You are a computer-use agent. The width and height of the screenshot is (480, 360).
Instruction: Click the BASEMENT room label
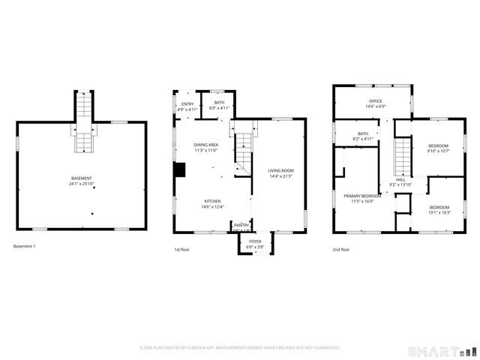tap(82, 178)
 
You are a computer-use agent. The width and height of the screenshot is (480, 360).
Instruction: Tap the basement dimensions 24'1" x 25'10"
tap(82, 184)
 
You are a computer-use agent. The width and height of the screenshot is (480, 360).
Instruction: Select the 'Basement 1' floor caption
tap(24, 247)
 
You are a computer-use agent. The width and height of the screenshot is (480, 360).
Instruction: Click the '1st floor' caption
tap(182, 249)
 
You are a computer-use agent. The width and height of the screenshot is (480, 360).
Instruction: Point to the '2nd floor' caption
tap(341, 249)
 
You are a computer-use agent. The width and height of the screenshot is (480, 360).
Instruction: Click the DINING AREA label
tap(206, 145)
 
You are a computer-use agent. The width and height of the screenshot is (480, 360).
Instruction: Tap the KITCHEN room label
tap(213, 201)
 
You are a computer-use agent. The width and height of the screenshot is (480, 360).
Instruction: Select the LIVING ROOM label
tap(280, 171)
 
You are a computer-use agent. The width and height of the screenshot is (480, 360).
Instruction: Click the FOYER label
tap(255, 241)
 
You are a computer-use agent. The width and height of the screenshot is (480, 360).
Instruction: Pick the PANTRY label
tap(241, 224)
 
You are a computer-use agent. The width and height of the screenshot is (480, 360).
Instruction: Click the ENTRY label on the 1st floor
tap(187, 104)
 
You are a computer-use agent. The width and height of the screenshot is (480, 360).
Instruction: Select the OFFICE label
tap(375, 100)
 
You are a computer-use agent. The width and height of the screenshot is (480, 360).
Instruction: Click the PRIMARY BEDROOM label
tap(362, 196)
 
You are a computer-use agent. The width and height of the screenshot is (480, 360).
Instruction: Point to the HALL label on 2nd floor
tap(401, 180)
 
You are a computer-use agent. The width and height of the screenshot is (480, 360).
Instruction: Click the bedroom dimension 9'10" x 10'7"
tap(439, 151)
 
